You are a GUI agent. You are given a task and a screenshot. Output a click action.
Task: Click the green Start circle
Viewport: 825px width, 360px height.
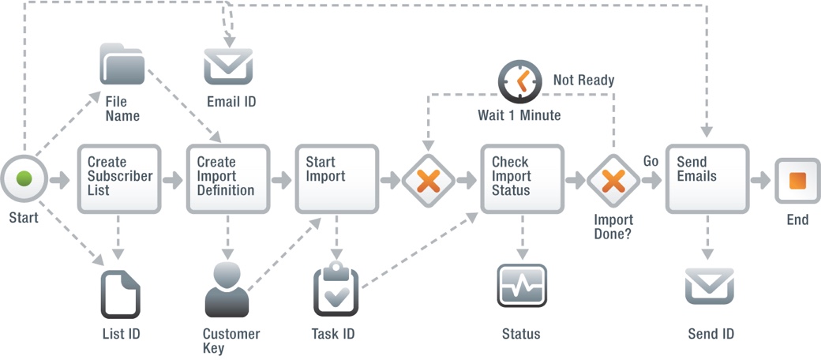[x=24, y=179]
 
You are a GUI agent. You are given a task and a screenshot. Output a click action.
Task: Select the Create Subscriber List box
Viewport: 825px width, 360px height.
[x=119, y=179]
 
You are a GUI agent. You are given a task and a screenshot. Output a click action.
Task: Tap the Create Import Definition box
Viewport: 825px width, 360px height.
[x=228, y=179]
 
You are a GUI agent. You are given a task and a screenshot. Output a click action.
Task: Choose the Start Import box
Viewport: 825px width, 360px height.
[x=337, y=179]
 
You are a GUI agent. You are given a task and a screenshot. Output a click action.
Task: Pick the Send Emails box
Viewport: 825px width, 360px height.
[x=707, y=179]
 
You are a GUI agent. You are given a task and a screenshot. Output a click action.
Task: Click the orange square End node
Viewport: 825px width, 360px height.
[x=797, y=179]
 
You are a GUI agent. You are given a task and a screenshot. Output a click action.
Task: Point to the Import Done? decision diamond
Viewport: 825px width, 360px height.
[x=613, y=180]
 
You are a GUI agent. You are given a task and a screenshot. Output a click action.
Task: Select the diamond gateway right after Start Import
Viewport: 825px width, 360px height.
[x=428, y=180]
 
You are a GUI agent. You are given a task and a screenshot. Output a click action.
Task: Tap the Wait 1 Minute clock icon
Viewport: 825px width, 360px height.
[x=519, y=82]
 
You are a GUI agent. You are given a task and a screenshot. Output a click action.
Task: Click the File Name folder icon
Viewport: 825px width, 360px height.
[x=122, y=65]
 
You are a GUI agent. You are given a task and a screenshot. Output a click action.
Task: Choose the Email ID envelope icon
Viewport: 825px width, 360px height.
[x=228, y=66]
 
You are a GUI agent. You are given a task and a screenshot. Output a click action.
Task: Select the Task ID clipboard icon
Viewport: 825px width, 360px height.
[x=336, y=290]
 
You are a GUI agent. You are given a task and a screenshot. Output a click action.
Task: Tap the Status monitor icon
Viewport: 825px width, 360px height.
[x=522, y=285]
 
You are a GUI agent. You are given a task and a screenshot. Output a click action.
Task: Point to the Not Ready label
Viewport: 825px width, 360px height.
[x=583, y=81]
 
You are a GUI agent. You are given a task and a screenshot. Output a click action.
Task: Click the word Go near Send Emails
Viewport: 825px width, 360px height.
[x=651, y=161]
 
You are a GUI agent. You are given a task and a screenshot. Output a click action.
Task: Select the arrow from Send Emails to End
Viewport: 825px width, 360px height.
[x=759, y=181]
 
